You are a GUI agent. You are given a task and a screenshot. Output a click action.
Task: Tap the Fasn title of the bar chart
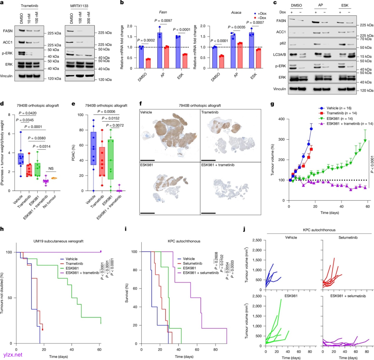145,12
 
